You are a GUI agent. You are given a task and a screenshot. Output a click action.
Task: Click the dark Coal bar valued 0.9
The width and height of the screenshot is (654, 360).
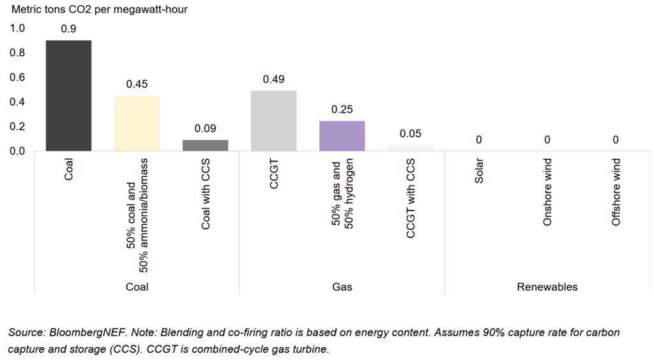pos(68,96)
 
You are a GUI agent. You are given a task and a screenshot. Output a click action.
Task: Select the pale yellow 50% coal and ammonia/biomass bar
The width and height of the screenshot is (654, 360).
pos(137,123)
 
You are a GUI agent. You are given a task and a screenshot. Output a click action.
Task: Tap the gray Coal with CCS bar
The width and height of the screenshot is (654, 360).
pos(205,146)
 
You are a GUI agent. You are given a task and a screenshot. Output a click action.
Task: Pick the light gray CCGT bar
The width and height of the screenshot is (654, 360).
pos(273,121)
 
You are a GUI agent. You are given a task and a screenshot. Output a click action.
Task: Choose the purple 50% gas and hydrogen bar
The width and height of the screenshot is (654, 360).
pos(342,136)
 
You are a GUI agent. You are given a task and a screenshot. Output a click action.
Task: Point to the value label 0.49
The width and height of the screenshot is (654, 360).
pos(273,80)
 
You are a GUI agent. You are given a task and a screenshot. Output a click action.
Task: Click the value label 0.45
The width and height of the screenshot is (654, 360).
pos(137,84)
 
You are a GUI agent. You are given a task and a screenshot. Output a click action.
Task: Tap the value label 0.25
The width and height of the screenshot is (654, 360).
pos(342,109)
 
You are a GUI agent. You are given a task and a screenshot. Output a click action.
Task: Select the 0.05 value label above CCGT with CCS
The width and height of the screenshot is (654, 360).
pos(410,134)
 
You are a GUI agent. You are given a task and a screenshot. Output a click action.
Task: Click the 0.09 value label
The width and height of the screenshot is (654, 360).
pos(205,128)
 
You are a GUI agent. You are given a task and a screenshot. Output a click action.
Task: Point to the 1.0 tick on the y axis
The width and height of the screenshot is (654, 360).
pos(17,28)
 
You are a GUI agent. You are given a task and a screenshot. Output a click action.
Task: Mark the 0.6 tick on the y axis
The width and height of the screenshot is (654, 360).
pos(17,77)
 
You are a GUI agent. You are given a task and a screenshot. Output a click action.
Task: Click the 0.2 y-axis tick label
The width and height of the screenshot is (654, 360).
pos(17,126)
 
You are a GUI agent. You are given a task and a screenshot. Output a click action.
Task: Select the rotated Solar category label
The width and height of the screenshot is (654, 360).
pos(479,171)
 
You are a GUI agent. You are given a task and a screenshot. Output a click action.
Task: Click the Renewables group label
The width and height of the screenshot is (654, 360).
pos(547,287)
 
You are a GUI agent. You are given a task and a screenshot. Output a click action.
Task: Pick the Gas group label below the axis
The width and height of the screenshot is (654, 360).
pos(342,287)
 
